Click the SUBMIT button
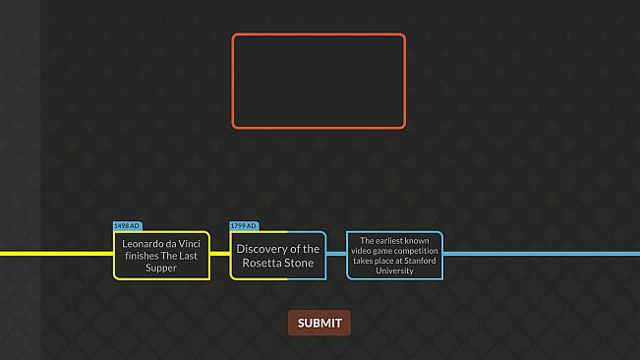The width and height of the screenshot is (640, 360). (319, 323)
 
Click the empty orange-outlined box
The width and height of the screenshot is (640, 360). (319, 81)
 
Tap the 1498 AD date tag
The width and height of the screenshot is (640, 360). (128, 226)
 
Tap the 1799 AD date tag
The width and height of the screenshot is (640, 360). (244, 226)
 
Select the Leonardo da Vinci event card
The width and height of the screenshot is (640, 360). (161, 255)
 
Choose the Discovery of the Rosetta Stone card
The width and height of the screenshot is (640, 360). (278, 256)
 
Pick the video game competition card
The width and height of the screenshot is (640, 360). (394, 255)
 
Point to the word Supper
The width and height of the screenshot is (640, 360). (161, 268)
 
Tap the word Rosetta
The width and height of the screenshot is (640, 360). (264, 264)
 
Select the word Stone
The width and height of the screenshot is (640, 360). (301, 264)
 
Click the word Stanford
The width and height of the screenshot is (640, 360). (416, 261)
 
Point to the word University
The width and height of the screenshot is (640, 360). (394, 270)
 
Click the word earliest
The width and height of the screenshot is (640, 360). (387, 241)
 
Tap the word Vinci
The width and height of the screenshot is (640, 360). (190, 242)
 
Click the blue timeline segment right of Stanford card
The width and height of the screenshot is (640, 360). (541, 254)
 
